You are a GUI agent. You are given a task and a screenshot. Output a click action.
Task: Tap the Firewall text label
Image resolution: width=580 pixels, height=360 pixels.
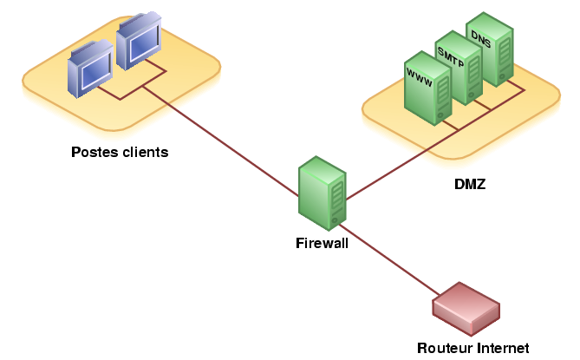point(322,244)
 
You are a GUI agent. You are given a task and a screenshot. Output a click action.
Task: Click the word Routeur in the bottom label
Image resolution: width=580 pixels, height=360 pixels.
point(444,348)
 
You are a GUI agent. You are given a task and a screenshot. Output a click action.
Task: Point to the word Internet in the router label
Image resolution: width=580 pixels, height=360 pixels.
point(501,348)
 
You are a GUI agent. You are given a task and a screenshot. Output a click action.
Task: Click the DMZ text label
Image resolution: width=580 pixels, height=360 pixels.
point(470,184)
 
